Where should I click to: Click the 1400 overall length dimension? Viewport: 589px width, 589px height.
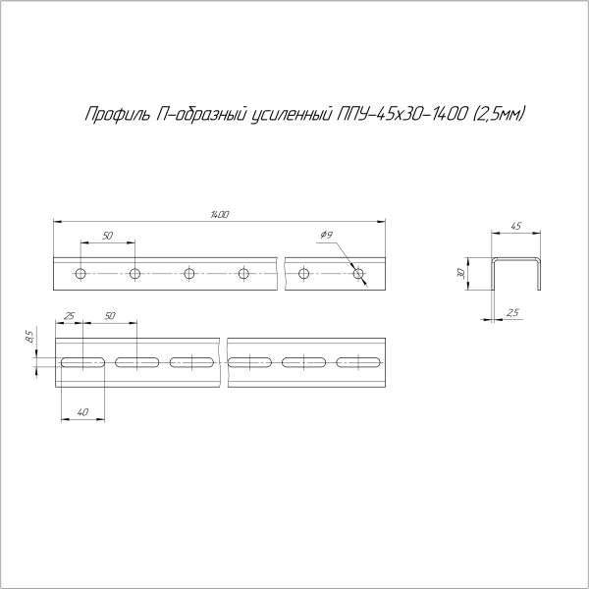(x=220, y=214)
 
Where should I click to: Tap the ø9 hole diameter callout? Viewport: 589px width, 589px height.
(x=327, y=235)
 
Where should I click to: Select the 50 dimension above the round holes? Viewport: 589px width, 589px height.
(x=107, y=236)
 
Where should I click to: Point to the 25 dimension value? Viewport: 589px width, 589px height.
(x=69, y=316)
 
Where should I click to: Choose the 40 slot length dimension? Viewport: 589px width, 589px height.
(x=82, y=411)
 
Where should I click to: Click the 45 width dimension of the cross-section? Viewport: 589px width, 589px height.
(x=516, y=227)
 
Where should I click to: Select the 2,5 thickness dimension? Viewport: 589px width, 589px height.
(x=513, y=312)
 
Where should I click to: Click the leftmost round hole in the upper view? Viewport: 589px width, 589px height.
(x=81, y=273)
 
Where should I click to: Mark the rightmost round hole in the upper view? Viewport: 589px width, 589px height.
(x=358, y=273)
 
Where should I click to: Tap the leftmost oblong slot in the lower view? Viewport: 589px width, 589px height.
(x=83, y=363)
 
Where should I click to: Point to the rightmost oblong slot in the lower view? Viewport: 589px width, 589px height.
(x=359, y=363)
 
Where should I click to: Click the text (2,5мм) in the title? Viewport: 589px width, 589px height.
(x=498, y=115)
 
